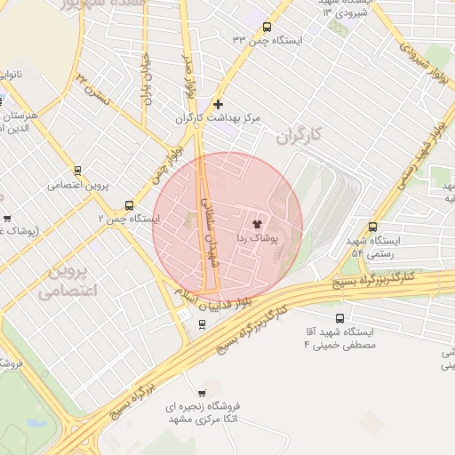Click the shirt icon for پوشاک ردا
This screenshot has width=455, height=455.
258,224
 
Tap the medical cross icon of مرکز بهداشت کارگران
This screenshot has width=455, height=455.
219,104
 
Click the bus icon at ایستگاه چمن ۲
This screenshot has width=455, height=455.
131,204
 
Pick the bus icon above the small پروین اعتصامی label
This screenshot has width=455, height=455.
77,171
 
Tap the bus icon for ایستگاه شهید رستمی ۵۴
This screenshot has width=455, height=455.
371,227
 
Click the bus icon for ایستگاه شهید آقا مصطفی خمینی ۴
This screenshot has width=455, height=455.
340,318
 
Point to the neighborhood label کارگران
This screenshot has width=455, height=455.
297,137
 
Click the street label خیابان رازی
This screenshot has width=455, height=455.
147,76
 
